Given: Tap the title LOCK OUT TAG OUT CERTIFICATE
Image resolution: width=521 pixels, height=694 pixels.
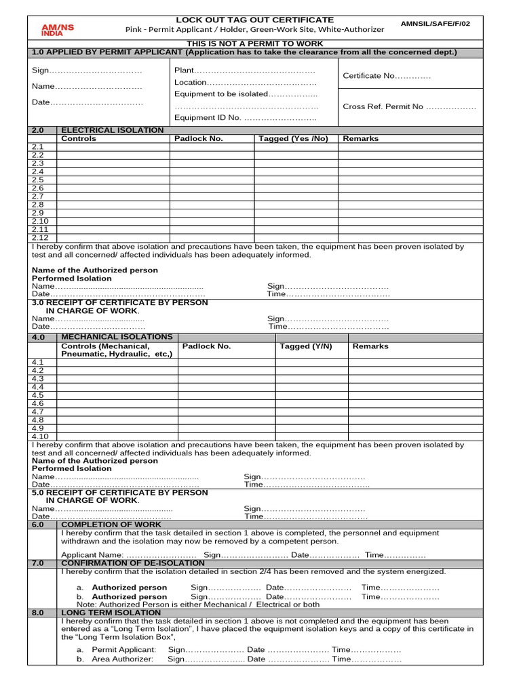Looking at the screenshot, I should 254,20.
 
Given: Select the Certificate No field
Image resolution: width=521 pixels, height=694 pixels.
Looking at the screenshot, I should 387,76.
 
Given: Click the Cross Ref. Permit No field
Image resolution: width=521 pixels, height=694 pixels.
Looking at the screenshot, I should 409,106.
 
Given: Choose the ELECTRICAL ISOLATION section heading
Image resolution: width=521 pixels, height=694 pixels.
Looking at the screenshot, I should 112,129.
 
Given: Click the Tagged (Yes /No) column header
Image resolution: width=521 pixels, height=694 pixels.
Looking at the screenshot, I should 293,138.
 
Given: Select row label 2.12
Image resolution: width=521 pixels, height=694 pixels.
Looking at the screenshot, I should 39,237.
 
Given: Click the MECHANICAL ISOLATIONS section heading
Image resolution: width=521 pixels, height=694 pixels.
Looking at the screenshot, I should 117,336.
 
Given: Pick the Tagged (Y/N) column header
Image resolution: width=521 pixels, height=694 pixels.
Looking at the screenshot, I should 306,346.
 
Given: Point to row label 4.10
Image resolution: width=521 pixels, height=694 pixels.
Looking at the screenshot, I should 39,436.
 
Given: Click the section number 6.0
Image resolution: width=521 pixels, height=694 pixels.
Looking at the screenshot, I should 37,525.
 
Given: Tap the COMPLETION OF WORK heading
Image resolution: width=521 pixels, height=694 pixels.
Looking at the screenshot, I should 111,525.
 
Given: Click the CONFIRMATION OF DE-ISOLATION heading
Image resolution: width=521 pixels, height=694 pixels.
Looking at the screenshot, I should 132,563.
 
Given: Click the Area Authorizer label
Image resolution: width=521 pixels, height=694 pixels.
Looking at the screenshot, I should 123,659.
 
